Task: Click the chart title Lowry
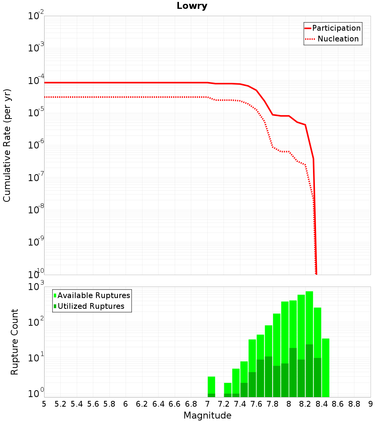pyautogui.click(x=192, y=6)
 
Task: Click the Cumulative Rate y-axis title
pyautogui.click(x=7, y=145)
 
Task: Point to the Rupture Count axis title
pyautogui.click(x=14, y=342)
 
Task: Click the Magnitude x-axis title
pyautogui.click(x=207, y=415)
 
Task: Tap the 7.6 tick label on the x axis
pyautogui.click(x=256, y=404)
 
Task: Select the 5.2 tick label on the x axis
pyautogui.click(x=60, y=404)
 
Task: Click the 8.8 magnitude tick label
pyautogui.click(x=354, y=404)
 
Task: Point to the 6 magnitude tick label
pyautogui.click(x=126, y=404)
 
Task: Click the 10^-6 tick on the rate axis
pyautogui.click(x=36, y=145)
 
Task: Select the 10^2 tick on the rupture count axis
pyautogui.click(x=36, y=321)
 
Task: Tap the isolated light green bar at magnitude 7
pyautogui.click(x=211, y=387)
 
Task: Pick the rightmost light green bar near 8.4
pyautogui.click(x=326, y=368)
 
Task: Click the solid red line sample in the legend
pyautogui.click(x=308, y=28)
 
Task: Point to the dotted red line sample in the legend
pyautogui.click(x=310, y=39)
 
